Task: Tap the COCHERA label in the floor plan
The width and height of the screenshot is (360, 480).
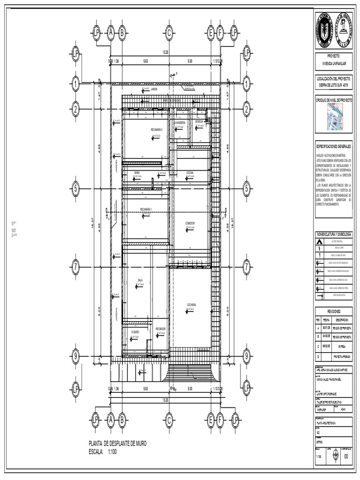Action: pos(191,305)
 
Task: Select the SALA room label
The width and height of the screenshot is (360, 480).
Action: pos(140,280)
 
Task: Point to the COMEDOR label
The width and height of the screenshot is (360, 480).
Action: pos(189,223)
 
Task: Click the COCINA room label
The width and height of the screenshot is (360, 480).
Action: pos(189,173)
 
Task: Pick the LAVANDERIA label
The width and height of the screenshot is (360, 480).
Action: pos(180,122)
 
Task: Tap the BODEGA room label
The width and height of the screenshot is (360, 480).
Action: pos(200,121)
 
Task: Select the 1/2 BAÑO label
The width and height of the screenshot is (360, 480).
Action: pos(136,331)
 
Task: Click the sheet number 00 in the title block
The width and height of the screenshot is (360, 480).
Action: pos(346,457)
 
